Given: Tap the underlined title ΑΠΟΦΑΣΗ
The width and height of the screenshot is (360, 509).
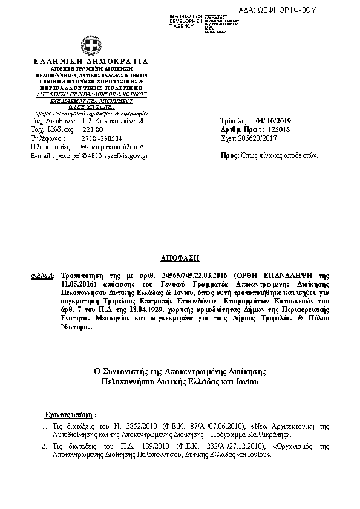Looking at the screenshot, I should pos(180,258).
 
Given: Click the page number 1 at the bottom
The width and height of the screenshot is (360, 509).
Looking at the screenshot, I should pos(180,484).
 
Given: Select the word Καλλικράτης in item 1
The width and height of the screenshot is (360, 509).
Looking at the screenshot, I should pos(276,435).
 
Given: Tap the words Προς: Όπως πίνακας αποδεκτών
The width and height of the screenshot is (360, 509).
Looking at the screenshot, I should pos(270,155).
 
